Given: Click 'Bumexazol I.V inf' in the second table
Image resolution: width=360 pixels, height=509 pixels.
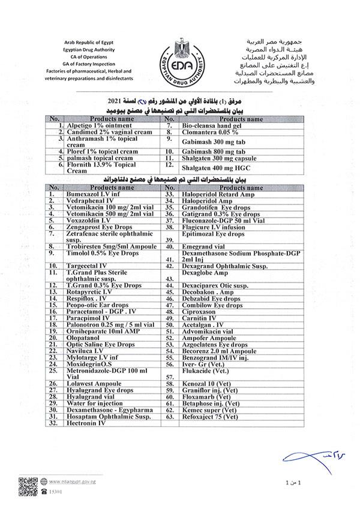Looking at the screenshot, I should click(x=92, y=194).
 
